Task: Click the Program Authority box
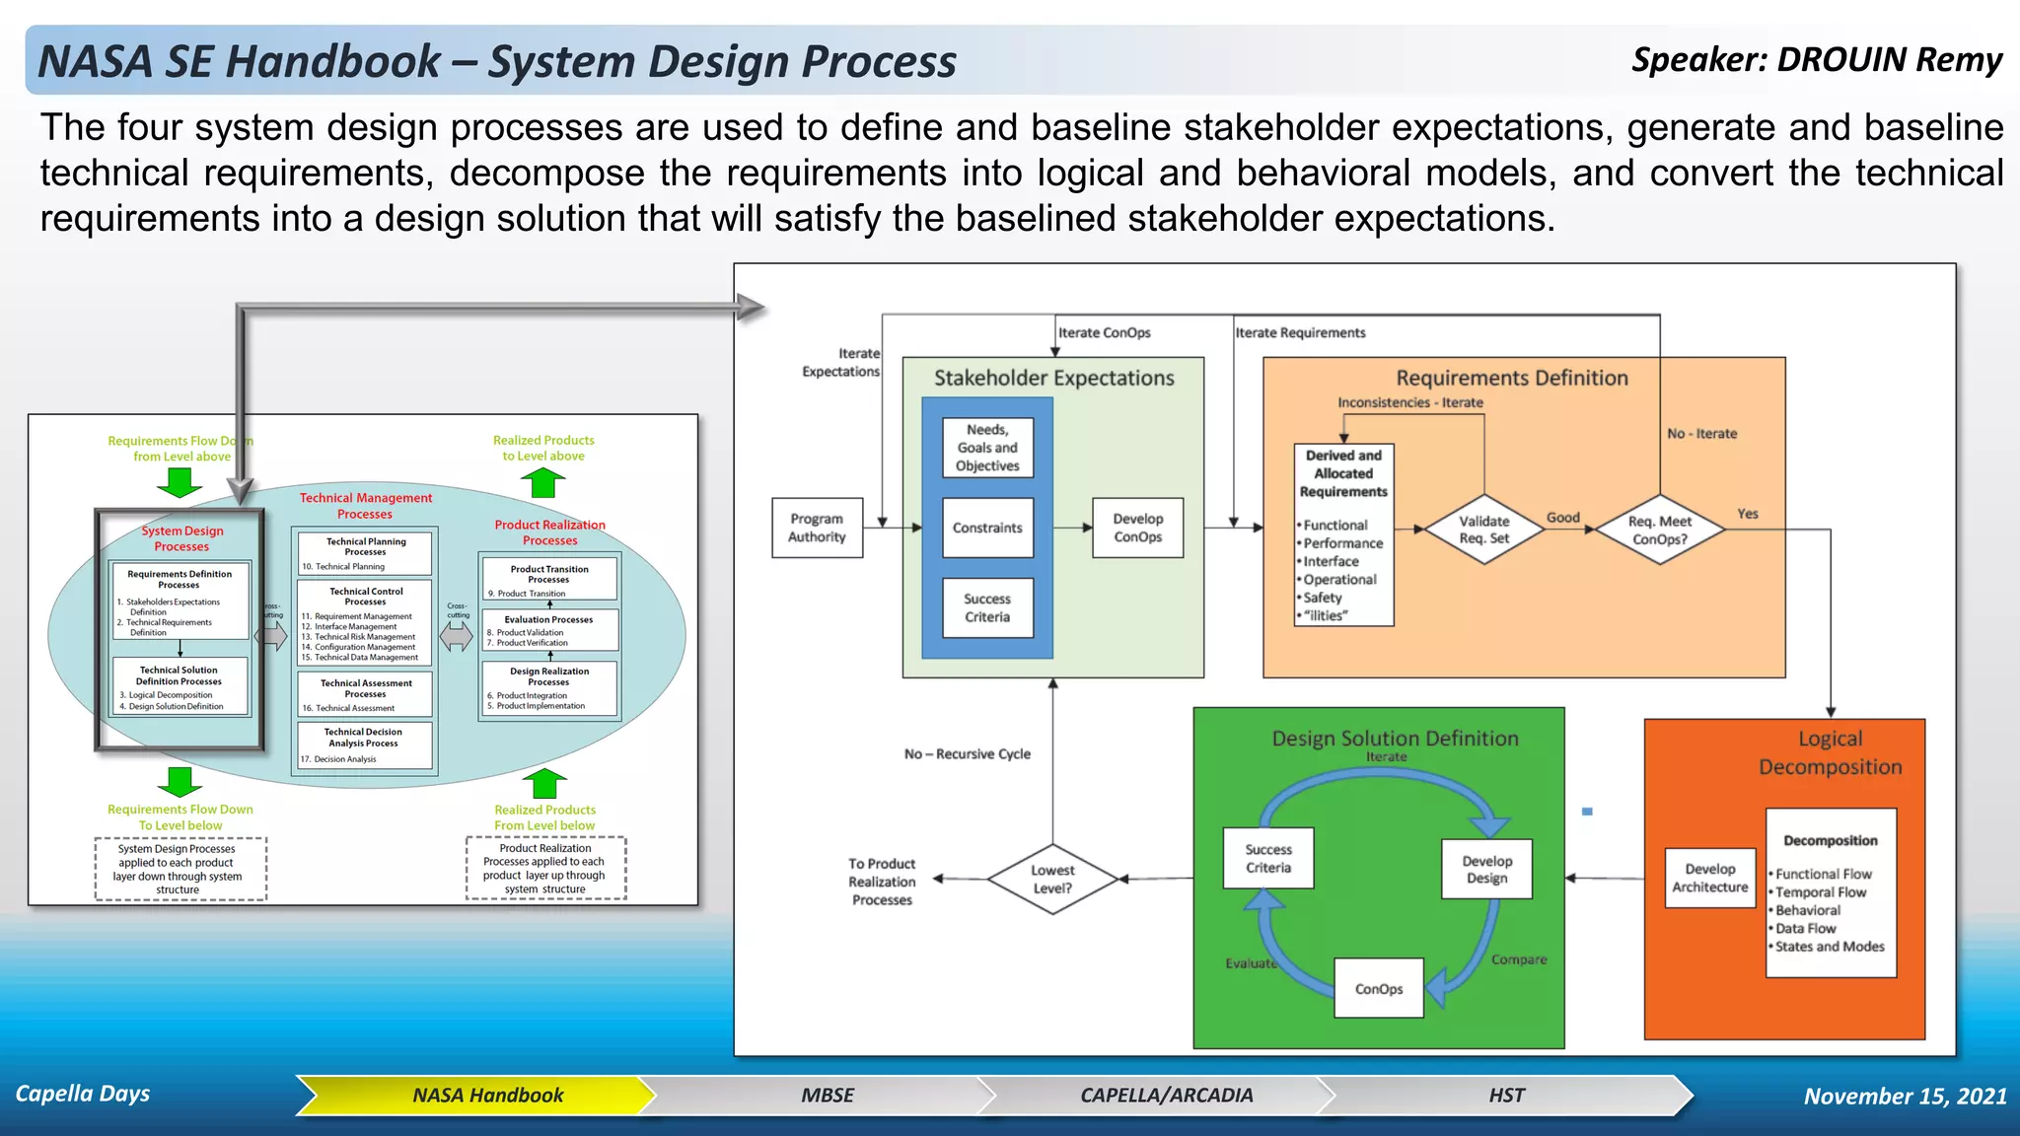coord(817,529)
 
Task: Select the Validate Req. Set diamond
coord(1483,530)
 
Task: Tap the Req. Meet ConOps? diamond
coord(1660,530)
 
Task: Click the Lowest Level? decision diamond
coord(1052,879)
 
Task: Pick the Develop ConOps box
coord(1137,529)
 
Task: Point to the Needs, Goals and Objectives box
coord(987,448)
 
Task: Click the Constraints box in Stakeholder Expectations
coord(987,529)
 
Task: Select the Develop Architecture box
coord(1709,878)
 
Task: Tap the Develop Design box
coord(1486,869)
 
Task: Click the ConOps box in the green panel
coord(1378,988)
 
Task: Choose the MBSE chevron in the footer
coord(827,1096)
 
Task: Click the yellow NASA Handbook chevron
coord(487,1096)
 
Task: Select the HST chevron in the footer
coord(1506,1096)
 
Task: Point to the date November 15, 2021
coord(1905,1097)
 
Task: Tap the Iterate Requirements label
coord(1300,333)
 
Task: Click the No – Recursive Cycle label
coord(967,754)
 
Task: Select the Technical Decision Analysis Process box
coord(364,745)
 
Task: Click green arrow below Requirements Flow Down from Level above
coord(180,482)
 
